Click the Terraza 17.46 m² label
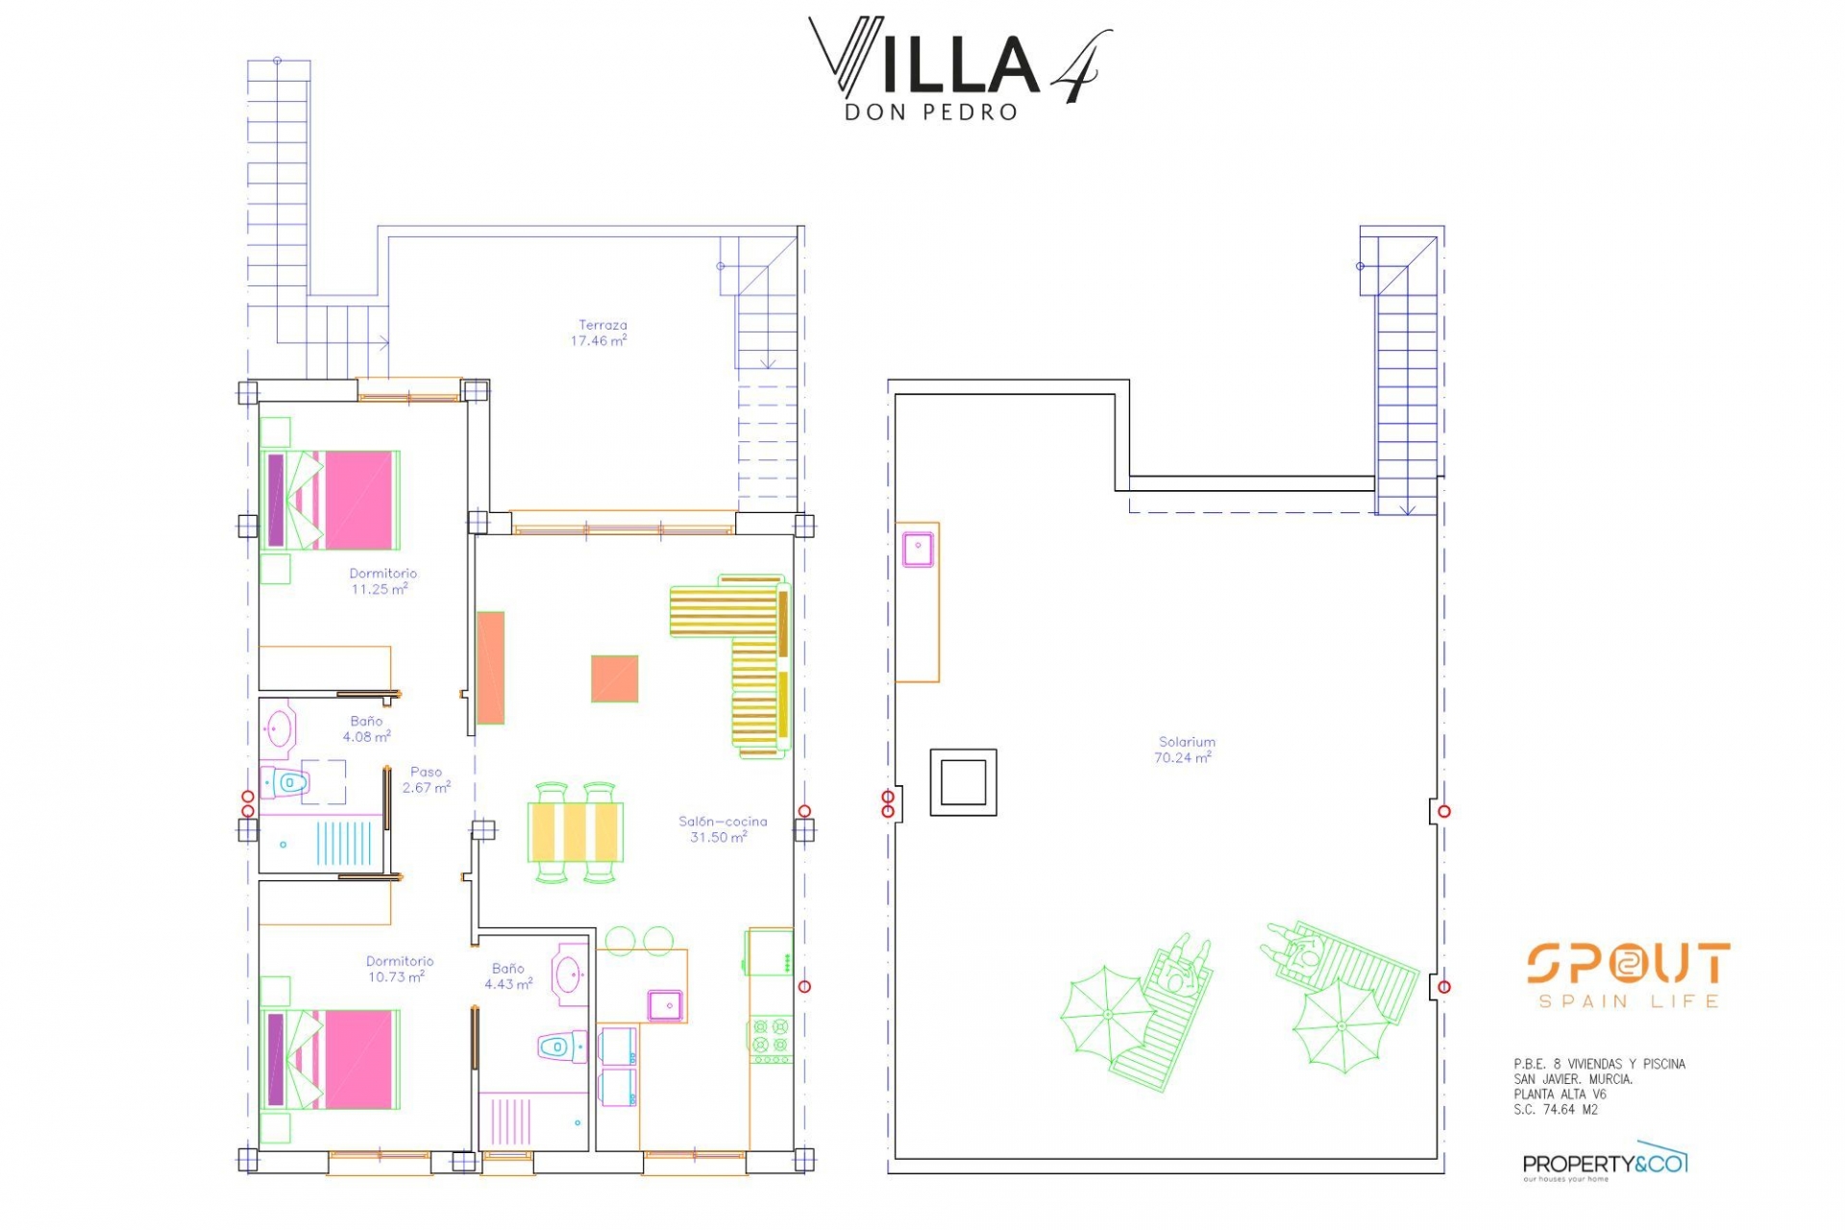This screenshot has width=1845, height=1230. [600, 332]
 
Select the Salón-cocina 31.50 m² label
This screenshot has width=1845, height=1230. [722, 829]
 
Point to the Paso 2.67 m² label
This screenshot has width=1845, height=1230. [427, 779]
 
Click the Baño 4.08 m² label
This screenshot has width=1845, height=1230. [366, 729]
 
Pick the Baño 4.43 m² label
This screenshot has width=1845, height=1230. [508, 976]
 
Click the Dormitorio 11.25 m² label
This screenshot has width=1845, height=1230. [382, 581]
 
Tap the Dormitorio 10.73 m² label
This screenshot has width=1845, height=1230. [399, 969]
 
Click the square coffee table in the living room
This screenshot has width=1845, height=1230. [615, 678]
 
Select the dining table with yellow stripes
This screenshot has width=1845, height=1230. [576, 831]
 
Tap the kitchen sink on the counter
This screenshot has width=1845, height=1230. [665, 1004]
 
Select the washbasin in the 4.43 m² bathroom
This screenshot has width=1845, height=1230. [570, 974]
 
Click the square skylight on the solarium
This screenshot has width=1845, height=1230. [963, 782]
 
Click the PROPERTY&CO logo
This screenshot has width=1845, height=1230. [1605, 1166]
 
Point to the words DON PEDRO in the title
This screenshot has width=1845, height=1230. [930, 112]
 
